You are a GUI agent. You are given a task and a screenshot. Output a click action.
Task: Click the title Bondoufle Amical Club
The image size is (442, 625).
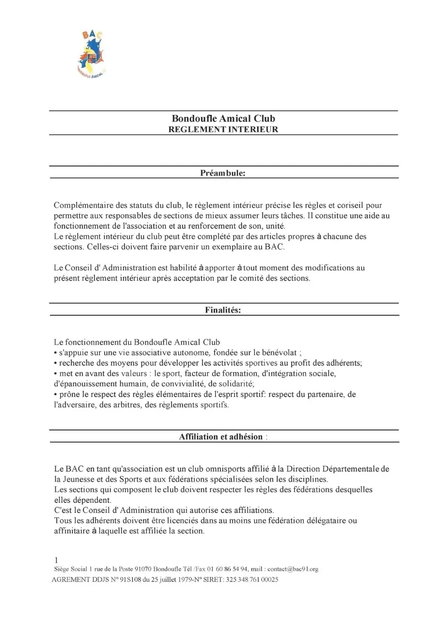[223, 119]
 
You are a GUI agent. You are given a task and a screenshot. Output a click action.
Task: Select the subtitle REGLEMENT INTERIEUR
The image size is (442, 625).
[223, 130]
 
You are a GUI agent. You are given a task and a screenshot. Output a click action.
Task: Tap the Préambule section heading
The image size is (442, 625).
[223, 173]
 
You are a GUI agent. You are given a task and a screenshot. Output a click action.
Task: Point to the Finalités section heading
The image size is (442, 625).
[223, 310]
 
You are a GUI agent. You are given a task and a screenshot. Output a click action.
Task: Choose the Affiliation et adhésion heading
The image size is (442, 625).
[221, 437]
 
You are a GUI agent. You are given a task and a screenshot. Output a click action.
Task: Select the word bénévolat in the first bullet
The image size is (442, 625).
[279, 353]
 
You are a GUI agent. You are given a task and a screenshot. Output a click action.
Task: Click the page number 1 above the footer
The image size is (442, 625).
[56, 560]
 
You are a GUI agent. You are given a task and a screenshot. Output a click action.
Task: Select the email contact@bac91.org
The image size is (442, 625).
[293, 569]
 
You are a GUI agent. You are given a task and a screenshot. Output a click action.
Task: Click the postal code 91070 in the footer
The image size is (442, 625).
[143, 569]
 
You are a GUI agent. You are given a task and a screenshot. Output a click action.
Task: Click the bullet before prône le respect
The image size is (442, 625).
[56, 395]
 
